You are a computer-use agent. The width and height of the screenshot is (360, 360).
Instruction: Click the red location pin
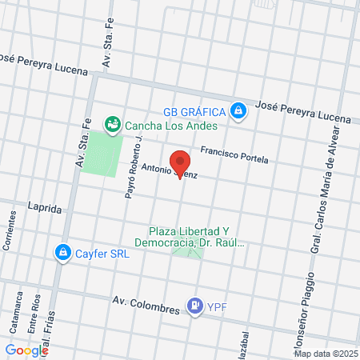tap(181, 162)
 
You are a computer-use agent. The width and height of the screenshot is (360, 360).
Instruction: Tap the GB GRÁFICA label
tap(193, 110)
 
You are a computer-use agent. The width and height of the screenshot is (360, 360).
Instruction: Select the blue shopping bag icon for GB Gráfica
tap(238, 110)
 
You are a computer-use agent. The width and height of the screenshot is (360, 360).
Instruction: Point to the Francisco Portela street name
tap(234, 154)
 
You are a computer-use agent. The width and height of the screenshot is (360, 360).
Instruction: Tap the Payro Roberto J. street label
tap(133, 167)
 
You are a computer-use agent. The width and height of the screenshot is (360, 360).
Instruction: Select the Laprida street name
tap(44, 208)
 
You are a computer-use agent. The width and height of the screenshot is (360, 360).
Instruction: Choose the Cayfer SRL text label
tap(102, 253)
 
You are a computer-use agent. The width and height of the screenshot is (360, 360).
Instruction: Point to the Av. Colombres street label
tap(141, 301)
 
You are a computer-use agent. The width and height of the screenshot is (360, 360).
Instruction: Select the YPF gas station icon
tap(194, 305)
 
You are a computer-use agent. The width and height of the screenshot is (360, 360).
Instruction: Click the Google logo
tap(26, 350)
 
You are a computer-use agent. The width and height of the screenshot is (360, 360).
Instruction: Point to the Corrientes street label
tap(10, 231)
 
